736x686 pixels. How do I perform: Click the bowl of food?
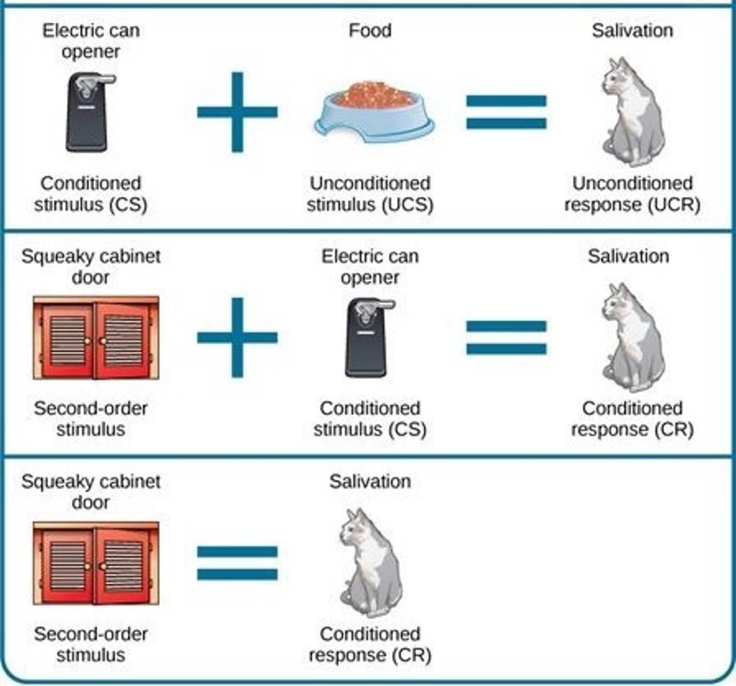pyautogui.click(x=374, y=111)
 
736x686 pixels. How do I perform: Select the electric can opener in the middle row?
pyautogui.click(x=369, y=338)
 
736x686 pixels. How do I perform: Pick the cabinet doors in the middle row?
pyautogui.click(x=95, y=338)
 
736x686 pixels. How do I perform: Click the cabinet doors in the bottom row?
pyautogui.click(x=95, y=563)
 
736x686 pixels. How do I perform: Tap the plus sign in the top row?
pyautogui.click(x=237, y=112)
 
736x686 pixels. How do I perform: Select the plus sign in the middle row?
pyautogui.click(x=237, y=337)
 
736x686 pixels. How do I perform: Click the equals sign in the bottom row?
pyautogui.click(x=237, y=563)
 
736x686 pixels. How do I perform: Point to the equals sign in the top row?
pyautogui.click(x=506, y=112)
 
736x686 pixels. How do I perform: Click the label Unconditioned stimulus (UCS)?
pyautogui.click(x=370, y=194)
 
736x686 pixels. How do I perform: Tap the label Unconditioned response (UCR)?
pyautogui.click(x=632, y=194)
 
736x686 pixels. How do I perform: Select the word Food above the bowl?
pyautogui.click(x=370, y=30)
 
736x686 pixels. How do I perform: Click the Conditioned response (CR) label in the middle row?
pyautogui.click(x=632, y=419)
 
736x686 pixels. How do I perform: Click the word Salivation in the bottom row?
pyautogui.click(x=370, y=481)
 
